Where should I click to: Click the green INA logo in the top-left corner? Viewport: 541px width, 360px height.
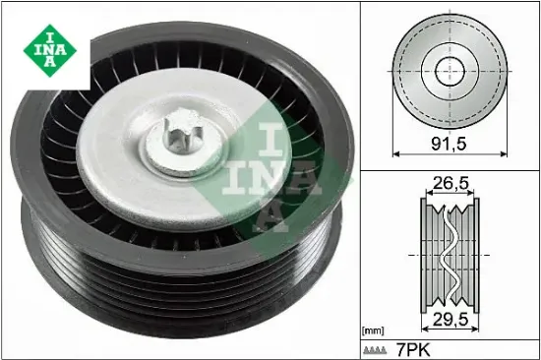tap(50, 50)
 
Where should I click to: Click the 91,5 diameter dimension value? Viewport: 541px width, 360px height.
tap(449, 144)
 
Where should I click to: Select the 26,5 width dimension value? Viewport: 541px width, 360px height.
tap(451, 183)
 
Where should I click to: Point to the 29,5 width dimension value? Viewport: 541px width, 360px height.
tap(451, 320)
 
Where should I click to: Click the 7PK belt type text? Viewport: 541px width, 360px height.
tap(413, 350)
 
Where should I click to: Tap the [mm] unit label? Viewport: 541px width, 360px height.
tap(373, 331)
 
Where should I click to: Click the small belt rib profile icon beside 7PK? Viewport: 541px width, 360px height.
tap(375, 351)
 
